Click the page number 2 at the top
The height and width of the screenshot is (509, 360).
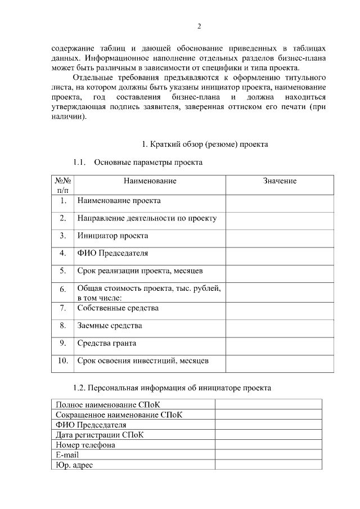(199, 26)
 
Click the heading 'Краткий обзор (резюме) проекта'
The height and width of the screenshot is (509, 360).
(204, 145)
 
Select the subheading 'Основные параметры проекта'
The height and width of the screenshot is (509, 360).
(148, 163)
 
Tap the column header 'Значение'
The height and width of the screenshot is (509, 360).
(280, 181)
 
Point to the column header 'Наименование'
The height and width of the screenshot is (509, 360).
(150, 181)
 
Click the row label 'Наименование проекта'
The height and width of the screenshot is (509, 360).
(119, 201)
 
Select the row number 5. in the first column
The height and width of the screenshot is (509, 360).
(63, 271)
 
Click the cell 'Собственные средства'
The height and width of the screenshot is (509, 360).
(118, 308)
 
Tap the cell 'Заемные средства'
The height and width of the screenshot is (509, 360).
(109, 326)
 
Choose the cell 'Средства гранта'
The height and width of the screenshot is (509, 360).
(106, 343)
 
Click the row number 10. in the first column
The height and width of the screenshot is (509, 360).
(63, 361)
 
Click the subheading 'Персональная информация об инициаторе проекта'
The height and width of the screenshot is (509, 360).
(173, 388)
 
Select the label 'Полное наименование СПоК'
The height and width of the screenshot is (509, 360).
(104, 404)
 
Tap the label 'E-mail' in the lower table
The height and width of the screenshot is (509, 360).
(67, 455)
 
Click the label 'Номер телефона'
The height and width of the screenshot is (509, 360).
(85, 445)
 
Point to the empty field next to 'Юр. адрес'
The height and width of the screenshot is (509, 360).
(268, 465)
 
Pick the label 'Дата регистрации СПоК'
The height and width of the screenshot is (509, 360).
(100, 435)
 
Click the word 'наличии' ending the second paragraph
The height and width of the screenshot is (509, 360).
(67, 118)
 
